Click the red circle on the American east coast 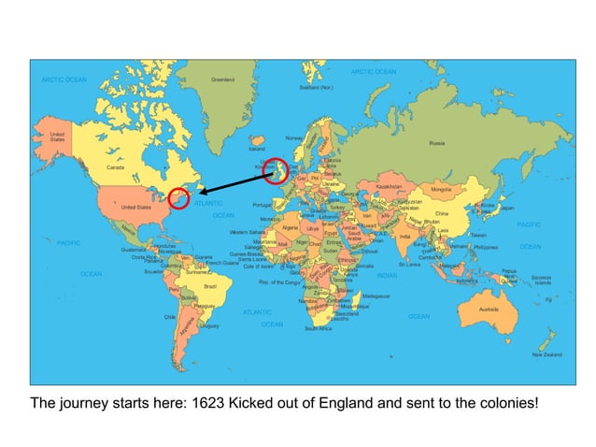178,196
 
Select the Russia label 436,143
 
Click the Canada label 117,167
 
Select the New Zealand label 546,354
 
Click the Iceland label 256,149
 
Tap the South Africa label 319,328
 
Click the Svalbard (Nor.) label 316,88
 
